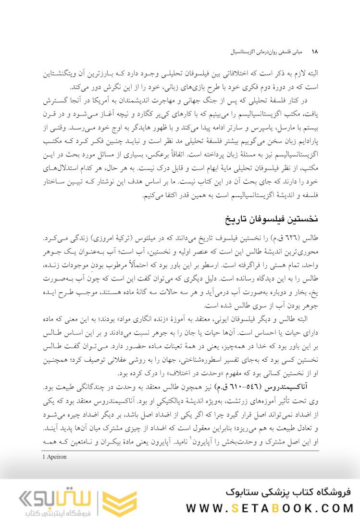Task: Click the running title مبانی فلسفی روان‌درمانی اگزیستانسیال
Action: [x=262, y=51]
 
